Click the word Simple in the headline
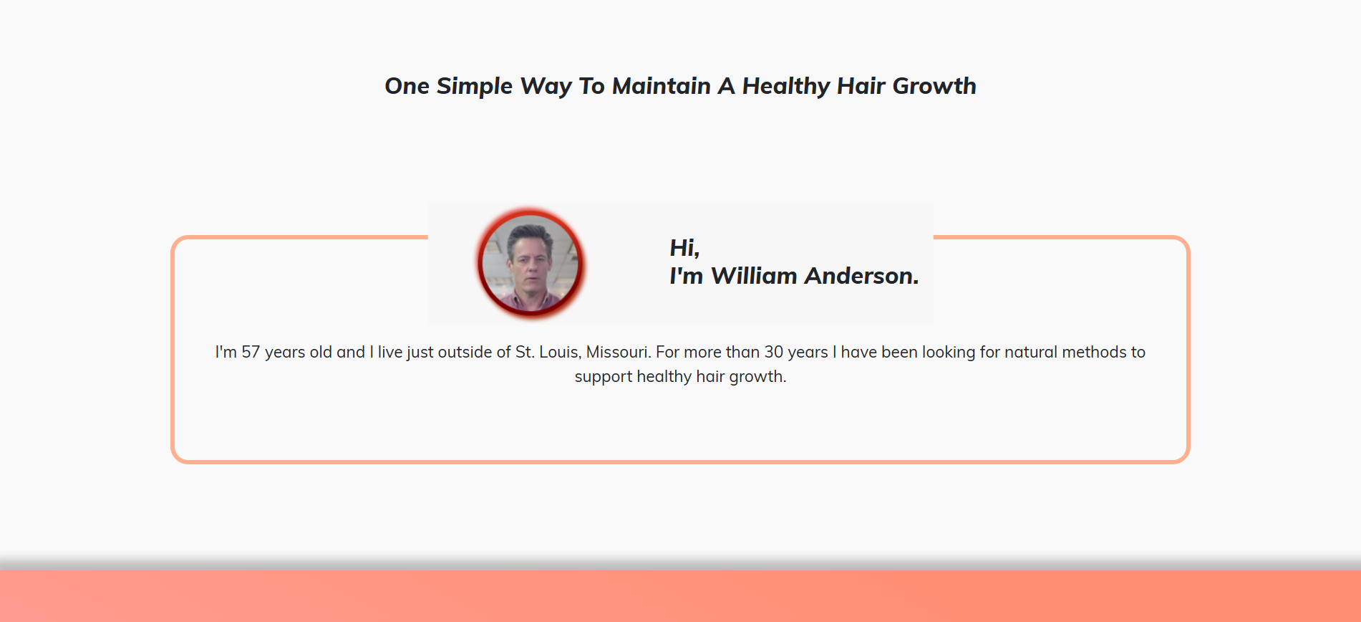[x=475, y=87]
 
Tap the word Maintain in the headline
[x=662, y=86]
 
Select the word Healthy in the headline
[x=786, y=87]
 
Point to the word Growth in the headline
[x=934, y=86]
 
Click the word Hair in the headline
[x=861, y=86]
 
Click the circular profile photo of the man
[x=531, y=263]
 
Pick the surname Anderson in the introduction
[x=861, y=276]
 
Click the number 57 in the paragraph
[x=251, y=352]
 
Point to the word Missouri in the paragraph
[x=619, y=352]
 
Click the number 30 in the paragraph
[x=774, y=352]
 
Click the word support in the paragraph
[x=604, y=377]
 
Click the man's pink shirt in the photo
[x=531, y=302]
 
